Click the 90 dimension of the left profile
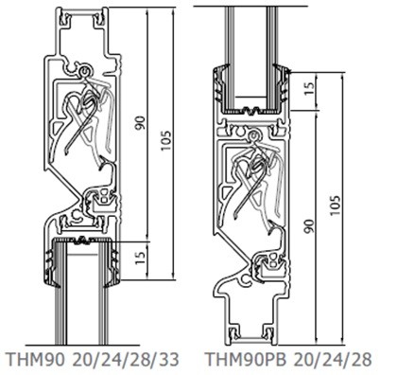(140, 123)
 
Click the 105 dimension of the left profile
(166, 140)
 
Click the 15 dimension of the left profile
(141, 259)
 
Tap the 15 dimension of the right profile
(310, 88)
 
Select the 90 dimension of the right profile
(310, 226)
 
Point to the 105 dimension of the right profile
(336, 205)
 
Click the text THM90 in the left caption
(36, 360)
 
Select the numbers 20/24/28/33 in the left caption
(126, 360)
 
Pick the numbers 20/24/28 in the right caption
(334, 360)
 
